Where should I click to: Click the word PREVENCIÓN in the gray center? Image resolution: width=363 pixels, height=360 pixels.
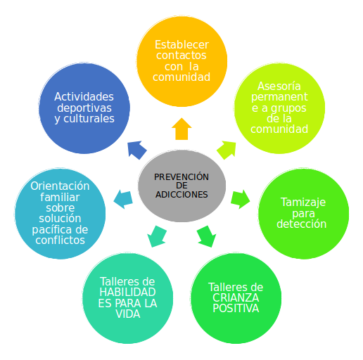[181, 176]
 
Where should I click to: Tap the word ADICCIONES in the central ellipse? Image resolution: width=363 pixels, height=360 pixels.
[181, 195]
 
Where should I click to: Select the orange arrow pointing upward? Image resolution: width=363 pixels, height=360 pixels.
[181, 129]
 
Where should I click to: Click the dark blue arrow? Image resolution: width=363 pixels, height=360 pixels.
[137, 150]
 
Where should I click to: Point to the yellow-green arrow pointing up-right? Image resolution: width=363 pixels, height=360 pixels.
[227, 150]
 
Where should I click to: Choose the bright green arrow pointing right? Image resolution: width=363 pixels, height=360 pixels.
[241, 199]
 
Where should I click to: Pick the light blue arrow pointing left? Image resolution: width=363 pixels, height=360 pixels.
[123, 199]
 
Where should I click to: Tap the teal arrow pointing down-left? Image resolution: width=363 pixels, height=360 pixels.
[157, 237]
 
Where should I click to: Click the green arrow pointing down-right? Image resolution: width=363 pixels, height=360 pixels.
[207, 237]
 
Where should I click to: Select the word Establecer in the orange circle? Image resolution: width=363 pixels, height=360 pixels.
[181, 44]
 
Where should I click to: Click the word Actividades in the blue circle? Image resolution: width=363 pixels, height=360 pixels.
[84, 96]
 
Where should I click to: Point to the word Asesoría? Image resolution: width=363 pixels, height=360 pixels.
[279, 86]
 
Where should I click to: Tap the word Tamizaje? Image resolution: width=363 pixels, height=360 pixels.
[303, 202]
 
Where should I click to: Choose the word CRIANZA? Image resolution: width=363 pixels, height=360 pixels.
[236, 297]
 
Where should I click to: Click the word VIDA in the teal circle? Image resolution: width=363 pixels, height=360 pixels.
[128, 314]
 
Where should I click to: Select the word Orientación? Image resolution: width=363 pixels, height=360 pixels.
[60, 186]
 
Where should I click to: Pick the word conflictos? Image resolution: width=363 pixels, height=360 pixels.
[60, 240]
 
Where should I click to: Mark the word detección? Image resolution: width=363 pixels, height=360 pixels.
[302, 224]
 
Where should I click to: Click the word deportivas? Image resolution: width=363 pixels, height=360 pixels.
[84, 108]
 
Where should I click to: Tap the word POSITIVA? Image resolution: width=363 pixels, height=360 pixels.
[236, 308]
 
